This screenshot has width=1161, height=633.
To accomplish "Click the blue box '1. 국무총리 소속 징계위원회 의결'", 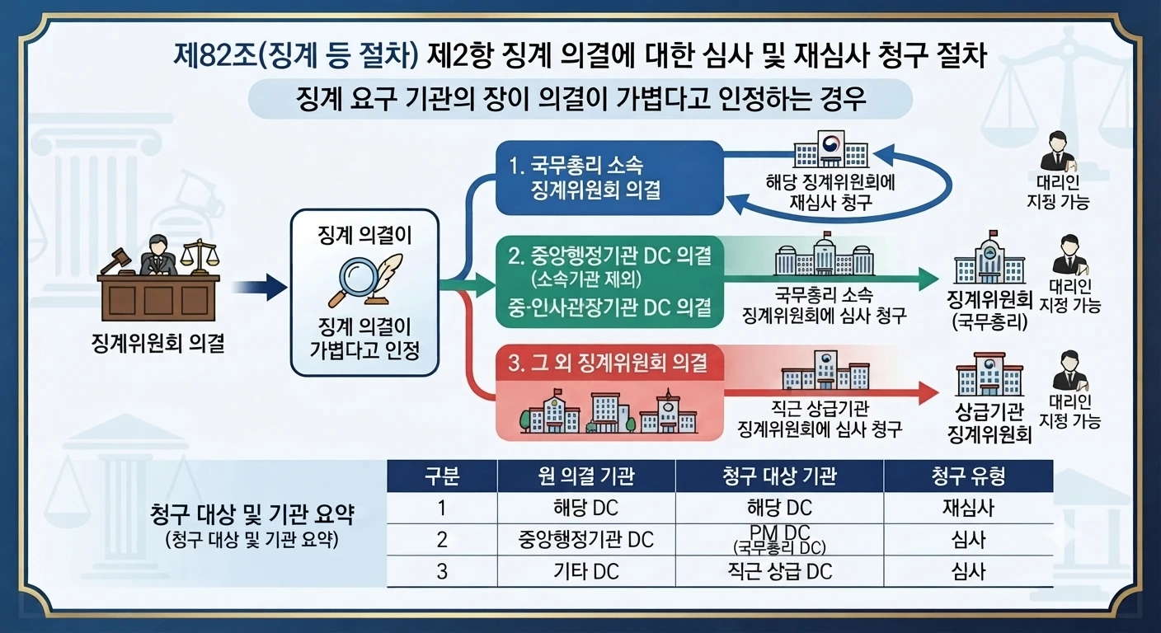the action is [x=609, y=178].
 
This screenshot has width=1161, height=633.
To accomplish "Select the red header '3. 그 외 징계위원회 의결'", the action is [x=609, y=363].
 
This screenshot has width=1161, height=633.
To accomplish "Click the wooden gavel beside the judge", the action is [x=116, y=261].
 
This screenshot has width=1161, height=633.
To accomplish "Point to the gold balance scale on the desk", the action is [x=199, y=256].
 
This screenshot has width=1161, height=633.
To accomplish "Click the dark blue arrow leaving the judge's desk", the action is [x=260, y=287].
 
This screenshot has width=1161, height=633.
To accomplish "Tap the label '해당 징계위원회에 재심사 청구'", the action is [x=830, y=192].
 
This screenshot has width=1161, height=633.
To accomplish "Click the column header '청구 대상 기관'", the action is [x=779, y=476].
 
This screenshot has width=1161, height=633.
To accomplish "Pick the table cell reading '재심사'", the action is [x=968, y=508].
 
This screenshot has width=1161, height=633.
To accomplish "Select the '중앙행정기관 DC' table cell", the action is [x=586, y=540].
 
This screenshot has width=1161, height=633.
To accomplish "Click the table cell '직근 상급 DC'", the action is [x=779, y=571].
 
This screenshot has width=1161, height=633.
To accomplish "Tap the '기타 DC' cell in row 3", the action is [x=586, y=571].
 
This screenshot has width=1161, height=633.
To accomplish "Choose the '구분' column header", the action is [x=442, y=476].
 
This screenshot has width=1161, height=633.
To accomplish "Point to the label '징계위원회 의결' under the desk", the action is [x=158, y=343].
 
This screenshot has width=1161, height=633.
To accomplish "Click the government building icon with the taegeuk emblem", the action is [x=831, y=149].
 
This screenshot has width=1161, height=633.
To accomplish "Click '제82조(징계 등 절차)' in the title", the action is [x=296, y=55].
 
